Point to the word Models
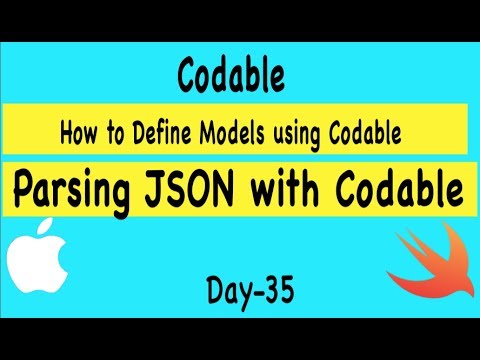[x=234, y=132]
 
